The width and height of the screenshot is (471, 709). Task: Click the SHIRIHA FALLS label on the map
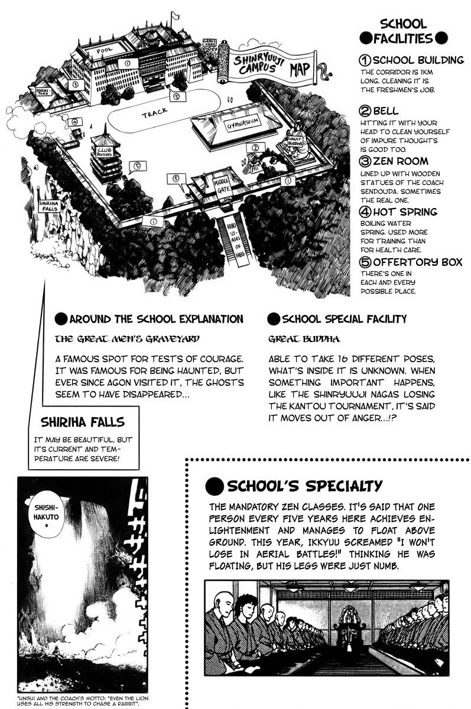pos(48,206)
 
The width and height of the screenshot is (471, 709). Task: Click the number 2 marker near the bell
pos(255,148)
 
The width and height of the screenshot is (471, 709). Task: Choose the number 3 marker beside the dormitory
pos(74,84)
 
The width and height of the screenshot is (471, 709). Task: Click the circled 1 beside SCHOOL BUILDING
pos(365,60)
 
